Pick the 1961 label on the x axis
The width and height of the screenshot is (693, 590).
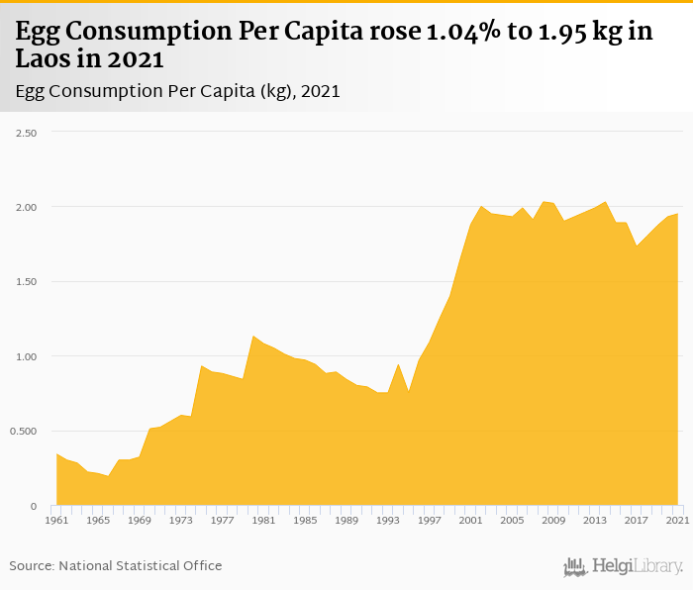coord(57,520)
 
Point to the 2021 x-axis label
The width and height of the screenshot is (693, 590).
coord(678,520)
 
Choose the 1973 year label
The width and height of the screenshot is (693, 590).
coord(181,520)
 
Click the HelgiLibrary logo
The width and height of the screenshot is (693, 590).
coord(624,566)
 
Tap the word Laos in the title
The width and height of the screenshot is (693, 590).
coord(44,59)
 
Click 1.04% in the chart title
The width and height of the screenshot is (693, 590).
coord(462,32)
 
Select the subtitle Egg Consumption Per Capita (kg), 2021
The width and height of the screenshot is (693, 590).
coord(178,91)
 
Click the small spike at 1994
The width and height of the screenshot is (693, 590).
coord(398,364)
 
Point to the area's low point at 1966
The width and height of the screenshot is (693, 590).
coord(109,476)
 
